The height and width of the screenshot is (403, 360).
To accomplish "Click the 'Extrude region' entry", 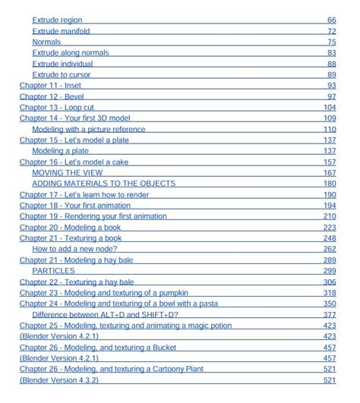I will click(x=57, y=20).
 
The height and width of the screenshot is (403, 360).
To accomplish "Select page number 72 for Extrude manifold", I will click(x=331, y=31).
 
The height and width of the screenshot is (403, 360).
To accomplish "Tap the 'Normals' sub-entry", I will click(x=46, y=42).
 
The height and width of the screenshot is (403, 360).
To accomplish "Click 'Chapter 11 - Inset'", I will click(x=50, y=86).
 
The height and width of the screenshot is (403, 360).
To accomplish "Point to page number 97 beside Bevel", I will click(x=331, y=96).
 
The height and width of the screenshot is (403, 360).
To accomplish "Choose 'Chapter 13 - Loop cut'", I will click(x=56, y=108).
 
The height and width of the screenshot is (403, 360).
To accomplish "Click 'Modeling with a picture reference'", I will click(x=88, y=129).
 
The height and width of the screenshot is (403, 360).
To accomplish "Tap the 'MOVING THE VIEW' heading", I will click(x=67, y=172).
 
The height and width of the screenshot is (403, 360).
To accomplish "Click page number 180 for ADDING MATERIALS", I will click(x=330, y=184).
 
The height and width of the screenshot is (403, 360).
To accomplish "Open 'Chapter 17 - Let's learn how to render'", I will click(x=84, y=195).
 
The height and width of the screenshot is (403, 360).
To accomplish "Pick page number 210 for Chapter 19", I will click(x=330, y=216).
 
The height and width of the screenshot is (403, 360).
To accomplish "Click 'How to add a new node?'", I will click(x=77, y=248).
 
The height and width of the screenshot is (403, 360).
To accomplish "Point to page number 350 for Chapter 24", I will click(x=330, y=304).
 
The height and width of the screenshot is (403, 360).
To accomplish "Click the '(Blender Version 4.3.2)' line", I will click(x=59, y=379).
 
